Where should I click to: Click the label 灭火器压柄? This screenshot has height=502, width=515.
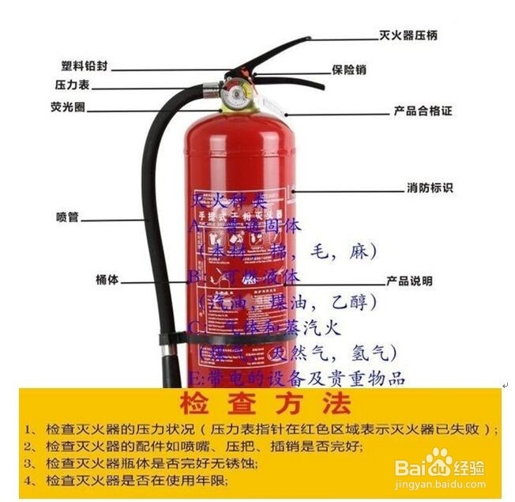tap(408, 36)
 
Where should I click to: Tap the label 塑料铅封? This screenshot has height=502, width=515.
tap(85, 66)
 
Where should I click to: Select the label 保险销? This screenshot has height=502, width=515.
tap(348, 70)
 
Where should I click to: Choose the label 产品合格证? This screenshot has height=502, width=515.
tap(423, 111)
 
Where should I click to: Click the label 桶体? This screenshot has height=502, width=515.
tap(107, 279)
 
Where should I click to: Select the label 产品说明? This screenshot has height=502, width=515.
tap(409, 281)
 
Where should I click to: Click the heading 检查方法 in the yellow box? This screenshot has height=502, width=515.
tap(264, 405)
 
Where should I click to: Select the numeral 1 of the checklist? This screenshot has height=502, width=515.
tap(28, 430)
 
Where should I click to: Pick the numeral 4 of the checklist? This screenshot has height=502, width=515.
tap(28, 480)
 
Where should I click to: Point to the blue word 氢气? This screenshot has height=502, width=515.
tap(376, 351)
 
